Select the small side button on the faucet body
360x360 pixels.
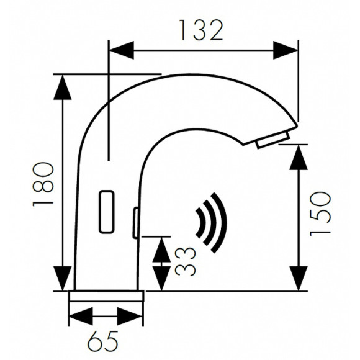pos(135,222)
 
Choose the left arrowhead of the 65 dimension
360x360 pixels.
pos(79,317)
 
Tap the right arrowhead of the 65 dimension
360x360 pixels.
pos(133,317)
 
